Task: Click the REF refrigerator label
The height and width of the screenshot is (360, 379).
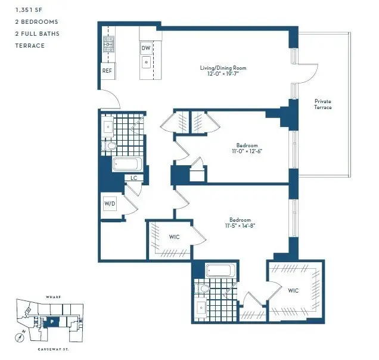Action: pyautogui.click(x=107, y=71)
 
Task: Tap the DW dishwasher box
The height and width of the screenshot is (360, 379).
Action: pyautogui.click(x=146, y=48)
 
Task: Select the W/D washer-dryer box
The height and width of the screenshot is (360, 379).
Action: pyautogui.click(x=110, y=204)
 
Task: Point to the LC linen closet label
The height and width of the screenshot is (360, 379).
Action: pyautogui.click(x=133, y=178)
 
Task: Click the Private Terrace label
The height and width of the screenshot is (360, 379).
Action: pyautogui.click(x=322, y=104)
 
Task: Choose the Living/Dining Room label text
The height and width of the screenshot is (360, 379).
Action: pyautogui.click(x=223, y=68)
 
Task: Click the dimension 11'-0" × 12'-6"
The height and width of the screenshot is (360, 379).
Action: pyautogui.click(x=247, y=151)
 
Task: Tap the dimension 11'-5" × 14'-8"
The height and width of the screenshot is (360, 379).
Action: pyautogui.click(x=240, y=226)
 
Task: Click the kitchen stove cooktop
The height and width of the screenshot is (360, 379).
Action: pyautogui.click(x=108, y=44)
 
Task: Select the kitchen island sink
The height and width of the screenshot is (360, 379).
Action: pyautogui.click(x=146, y=62)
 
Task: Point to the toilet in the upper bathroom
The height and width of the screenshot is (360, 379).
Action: pyautogui.click(x=109, y=146)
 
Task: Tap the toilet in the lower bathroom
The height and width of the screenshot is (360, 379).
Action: pyautogui.click(x=202, y=288)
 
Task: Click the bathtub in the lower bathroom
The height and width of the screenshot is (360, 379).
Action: pyautogui.click(x=220, y=270)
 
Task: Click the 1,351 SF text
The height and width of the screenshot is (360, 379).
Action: pyautogui.click(x=29, y=10)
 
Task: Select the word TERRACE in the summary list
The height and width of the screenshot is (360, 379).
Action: pyautogui.click(x=30, y=46)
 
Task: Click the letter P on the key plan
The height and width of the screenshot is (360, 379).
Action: pyautogui.click(x=52, y=322)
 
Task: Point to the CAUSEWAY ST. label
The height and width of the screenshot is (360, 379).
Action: pyautogui.click(x=53, y=349)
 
